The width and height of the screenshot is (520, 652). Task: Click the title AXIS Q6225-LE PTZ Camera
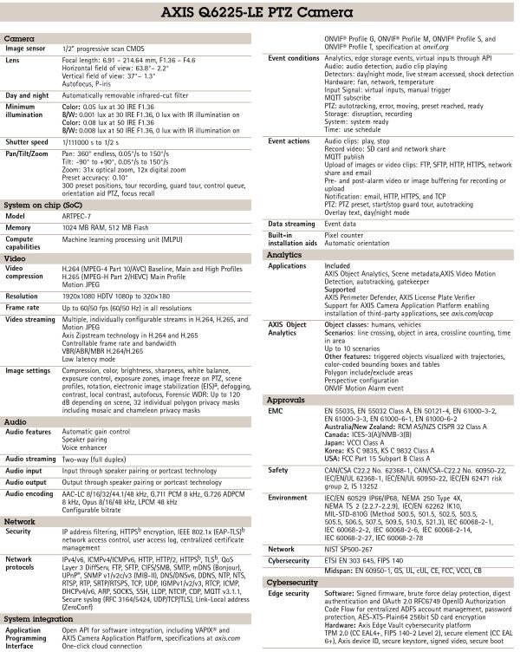click(259, 15)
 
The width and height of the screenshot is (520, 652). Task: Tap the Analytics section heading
click(284, 256)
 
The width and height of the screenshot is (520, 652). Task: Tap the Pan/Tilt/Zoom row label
click(29, 152)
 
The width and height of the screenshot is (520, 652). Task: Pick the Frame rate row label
click(23, 307)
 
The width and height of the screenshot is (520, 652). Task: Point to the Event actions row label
click(289, 141)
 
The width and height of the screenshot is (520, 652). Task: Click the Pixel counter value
click(343, 234)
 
